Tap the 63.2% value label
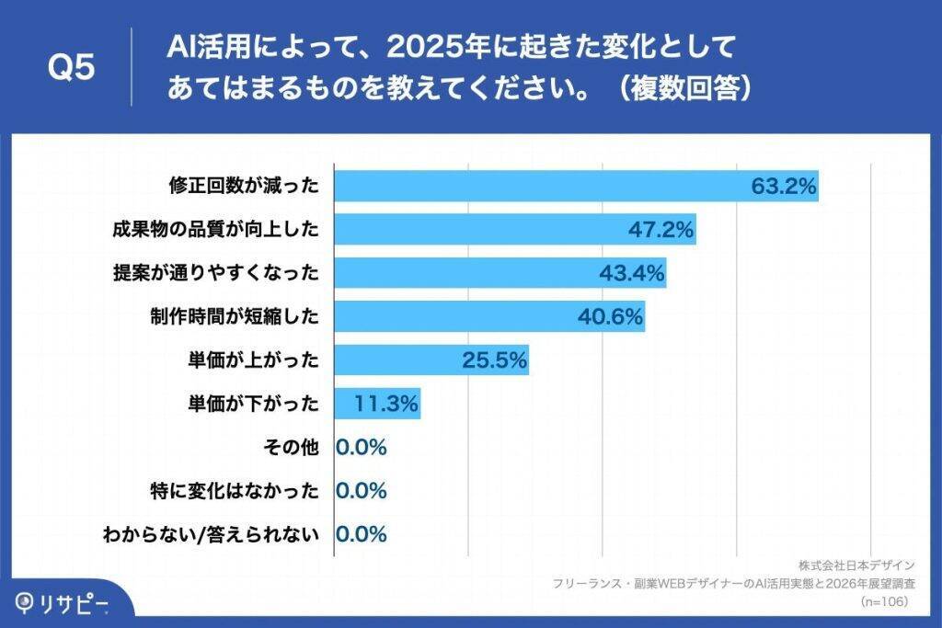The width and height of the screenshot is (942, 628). [x=784, y=187]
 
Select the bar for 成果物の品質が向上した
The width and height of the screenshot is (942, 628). [x=514, y=230]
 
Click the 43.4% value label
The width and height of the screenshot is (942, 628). [x=633, y=273]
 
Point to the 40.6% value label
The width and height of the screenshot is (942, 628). [x=610, y=316]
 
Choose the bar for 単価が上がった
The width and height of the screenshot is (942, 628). [x=431, y=360]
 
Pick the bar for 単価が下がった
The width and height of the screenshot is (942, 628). [x=377, y=404]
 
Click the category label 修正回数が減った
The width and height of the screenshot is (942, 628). [x=244, y=187]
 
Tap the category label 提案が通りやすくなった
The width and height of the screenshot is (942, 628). [x=216, y=273]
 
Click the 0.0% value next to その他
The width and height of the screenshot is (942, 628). [x=362, y=448]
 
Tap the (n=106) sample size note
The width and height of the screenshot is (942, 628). [x=884, y=601]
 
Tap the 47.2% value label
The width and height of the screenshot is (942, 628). [x=661, y=230]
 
